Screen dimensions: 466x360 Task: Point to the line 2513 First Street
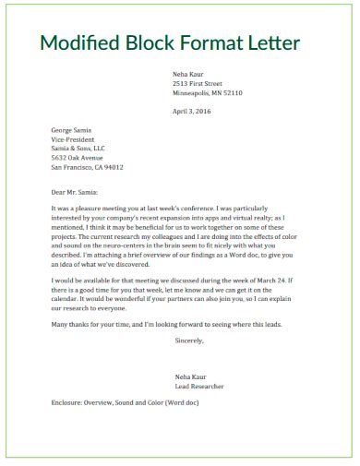pyautogui.click(x=198, y=83)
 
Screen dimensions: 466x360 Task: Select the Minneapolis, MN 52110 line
pyautogui.click(x=208, y=93)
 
